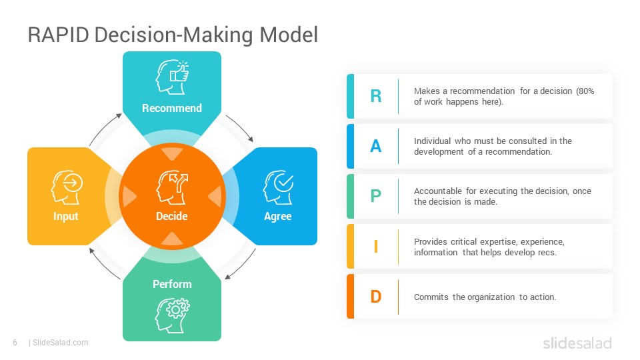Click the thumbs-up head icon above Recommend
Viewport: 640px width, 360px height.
tap(172, 77)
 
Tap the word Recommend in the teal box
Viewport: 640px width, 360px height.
tap(172, 108)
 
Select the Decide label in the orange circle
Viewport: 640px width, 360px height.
tap(172, 216)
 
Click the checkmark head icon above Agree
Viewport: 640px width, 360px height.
tap(279, 187)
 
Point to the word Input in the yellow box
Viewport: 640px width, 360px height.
tap(66, 216)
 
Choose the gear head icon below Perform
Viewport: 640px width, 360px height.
tap(172, 315)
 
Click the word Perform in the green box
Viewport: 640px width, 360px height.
tap(172, 284)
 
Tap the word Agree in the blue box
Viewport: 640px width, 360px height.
tap(278, 216)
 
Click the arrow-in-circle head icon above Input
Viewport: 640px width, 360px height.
tap(67, 187)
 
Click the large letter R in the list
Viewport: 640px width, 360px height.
tap(376, 96)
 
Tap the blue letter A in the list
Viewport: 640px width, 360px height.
tap(376, 146)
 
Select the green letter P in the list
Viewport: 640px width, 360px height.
tap(376, 196)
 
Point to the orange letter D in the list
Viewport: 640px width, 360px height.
tap(376, 297)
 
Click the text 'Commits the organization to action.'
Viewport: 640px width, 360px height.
tap(485, 297)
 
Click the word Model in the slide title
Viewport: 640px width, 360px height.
tap(289, 35)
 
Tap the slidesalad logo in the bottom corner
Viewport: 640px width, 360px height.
tap(577, 343)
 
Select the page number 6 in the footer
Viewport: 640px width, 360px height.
tap(15, 343)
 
